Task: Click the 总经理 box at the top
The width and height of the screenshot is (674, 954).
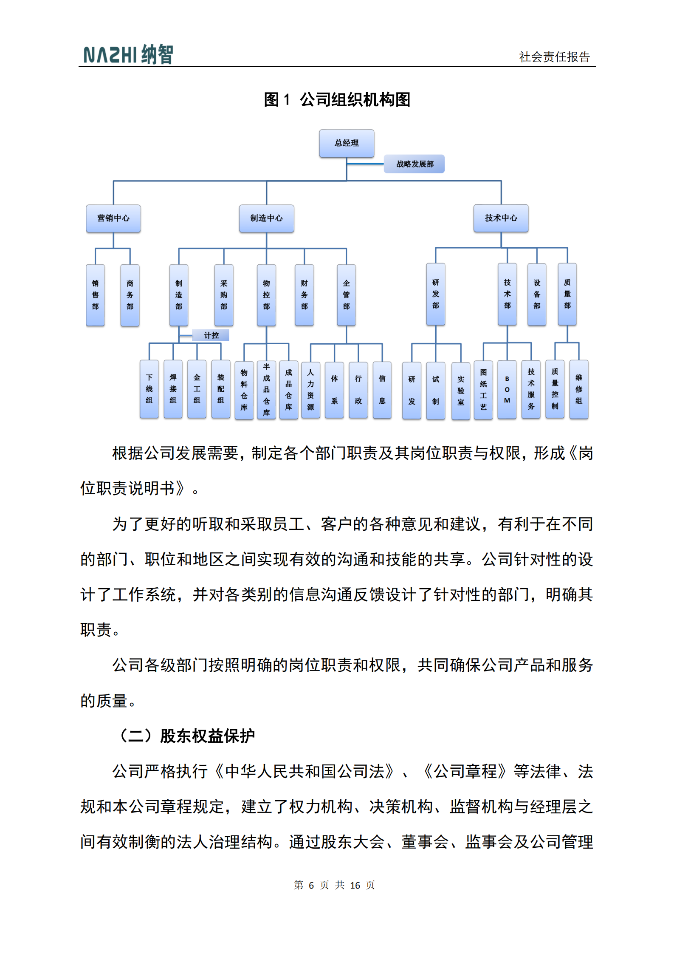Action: (x=347, y=143)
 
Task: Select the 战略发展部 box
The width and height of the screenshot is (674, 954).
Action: (x=414, y=164)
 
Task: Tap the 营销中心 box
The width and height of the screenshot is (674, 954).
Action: (x=113, y=218)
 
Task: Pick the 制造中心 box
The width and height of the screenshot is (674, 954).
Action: (x=266, y=218)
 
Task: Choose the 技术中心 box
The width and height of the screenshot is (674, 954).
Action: (x=501, y=218)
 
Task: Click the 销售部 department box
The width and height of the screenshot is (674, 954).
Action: (x=95, y=295)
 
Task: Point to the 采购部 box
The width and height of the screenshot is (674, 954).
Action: (x=224, y=295)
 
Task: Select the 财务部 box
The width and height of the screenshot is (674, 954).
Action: (x=304, y=295)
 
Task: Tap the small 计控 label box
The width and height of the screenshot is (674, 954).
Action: (x=211, y=335)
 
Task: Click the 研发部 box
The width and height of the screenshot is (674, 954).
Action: (x=436, y=294)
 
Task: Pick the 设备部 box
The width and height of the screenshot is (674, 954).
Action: (x=537, y=294)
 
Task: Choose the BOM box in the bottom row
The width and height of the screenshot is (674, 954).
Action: (x=507, y=390)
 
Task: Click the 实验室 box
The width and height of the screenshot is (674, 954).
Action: (x=461, y=391)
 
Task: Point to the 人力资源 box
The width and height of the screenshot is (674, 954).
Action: (x=310, y=390)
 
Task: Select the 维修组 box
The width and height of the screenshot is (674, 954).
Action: (x=579, y=389)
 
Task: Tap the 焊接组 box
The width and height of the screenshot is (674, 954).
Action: (x=173, y=389)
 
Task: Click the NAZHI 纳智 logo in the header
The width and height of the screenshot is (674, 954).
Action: (x=128, y=55)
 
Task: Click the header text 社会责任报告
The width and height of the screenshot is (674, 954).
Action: (x=554, y=57)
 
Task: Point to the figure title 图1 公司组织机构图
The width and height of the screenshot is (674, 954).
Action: (x=337, y=100)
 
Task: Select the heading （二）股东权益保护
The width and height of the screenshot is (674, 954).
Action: (x=186, y=736)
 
